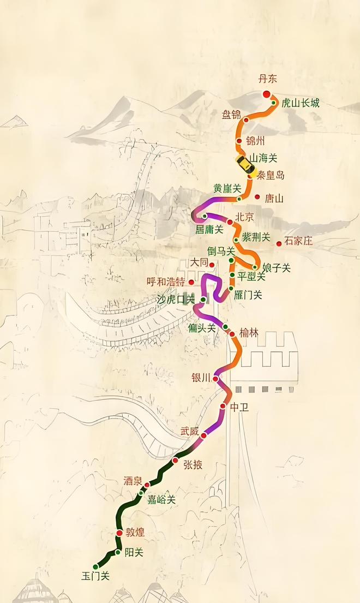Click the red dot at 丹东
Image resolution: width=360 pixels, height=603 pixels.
click(267, 94)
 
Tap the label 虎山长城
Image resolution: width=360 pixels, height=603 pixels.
click(300, 103)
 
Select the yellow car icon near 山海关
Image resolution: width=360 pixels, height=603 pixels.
click(244, 163)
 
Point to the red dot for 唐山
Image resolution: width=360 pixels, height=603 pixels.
click(257, 196)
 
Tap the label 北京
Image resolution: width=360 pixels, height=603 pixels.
click(244, 217)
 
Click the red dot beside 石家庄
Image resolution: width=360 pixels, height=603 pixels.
click(279, 243)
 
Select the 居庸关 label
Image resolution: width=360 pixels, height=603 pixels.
click(209, 229)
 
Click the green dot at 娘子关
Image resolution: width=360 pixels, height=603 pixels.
click(254, 267)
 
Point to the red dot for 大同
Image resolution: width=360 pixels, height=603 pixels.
click(212, 265)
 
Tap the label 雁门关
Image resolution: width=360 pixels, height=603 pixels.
click(249, 295)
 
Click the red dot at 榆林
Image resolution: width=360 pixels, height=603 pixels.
click(232, 334)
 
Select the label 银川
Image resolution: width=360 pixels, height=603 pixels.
click(201, 378)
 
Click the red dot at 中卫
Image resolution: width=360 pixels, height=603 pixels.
click(223, 407)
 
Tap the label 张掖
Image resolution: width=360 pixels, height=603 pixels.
click(193, 465)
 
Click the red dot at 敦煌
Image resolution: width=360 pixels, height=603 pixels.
click(119, 533)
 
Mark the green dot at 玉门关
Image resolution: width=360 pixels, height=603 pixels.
click(96, 566)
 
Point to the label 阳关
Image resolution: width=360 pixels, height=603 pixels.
click(134, 552)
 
